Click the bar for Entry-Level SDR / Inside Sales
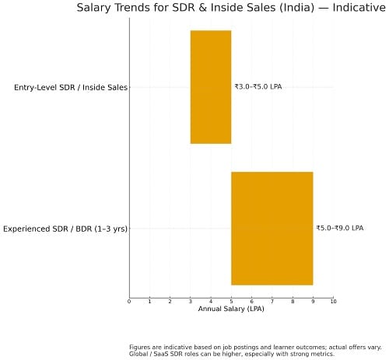[211, 87]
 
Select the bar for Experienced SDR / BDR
[272, 229]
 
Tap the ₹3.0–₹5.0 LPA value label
[258, 87]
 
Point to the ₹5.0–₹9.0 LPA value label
[339, 229]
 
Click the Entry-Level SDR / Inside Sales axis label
[70, 88]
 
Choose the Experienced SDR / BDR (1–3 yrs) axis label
[65, 229]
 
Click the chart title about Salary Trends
[232, 8]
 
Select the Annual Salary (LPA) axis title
[231, 309]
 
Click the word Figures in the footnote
[140, 348]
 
